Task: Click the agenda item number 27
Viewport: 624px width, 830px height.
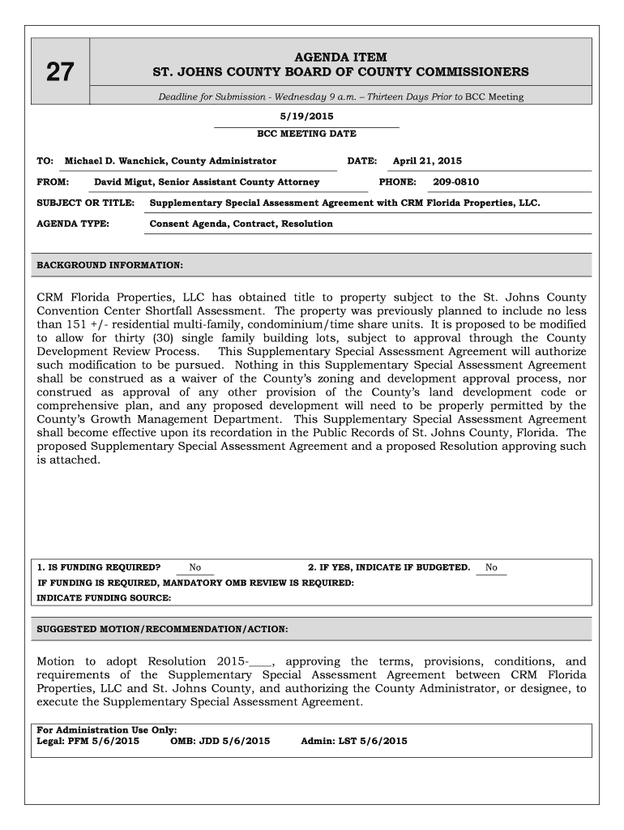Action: [59, 74]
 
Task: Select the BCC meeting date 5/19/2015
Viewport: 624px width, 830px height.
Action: [306, 117]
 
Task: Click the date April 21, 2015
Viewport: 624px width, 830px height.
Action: [427, 161]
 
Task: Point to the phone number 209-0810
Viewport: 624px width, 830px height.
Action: [455, 182]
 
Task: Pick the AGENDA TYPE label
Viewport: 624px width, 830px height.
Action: [73, 224]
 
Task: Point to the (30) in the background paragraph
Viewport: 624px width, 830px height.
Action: [165, 338]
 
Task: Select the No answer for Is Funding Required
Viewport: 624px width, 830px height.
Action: [195, 567]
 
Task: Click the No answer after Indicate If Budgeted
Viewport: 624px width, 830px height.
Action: [491, 567]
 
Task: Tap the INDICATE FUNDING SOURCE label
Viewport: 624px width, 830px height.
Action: [104, 598]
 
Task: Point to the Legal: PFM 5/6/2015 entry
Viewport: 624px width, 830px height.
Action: [88, 741]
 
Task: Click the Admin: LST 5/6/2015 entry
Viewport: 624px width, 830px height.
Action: [353, 741]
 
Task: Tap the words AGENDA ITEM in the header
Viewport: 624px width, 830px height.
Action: [340, 58]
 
